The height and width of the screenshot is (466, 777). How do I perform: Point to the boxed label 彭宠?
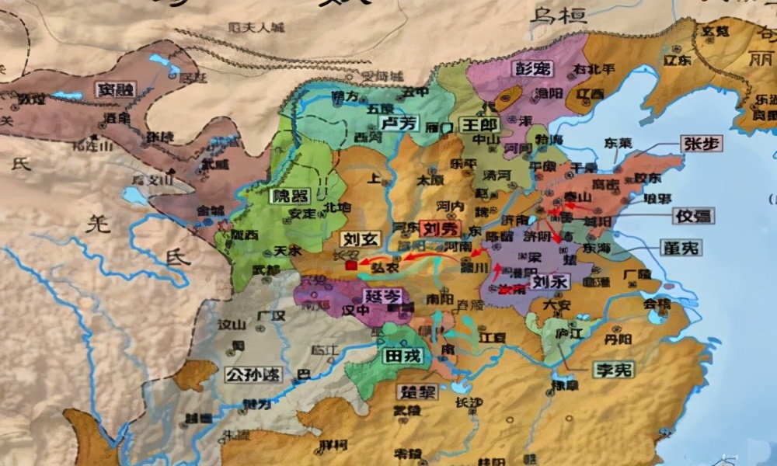click(x=533, y=68)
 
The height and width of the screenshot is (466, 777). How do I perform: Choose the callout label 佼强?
click(x=694, y=216)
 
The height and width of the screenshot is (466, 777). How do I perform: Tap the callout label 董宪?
click(x=681, y=248)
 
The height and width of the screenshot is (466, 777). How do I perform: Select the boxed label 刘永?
click(x=551, y=281)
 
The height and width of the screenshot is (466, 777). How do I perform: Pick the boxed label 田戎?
click(x=402, y=356)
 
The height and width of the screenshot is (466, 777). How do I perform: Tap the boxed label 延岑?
click(x=382, y=296)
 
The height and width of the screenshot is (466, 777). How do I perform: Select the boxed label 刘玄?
click(x=361, y=239)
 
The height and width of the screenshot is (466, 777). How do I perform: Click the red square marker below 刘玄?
click(x=351, y=266)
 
